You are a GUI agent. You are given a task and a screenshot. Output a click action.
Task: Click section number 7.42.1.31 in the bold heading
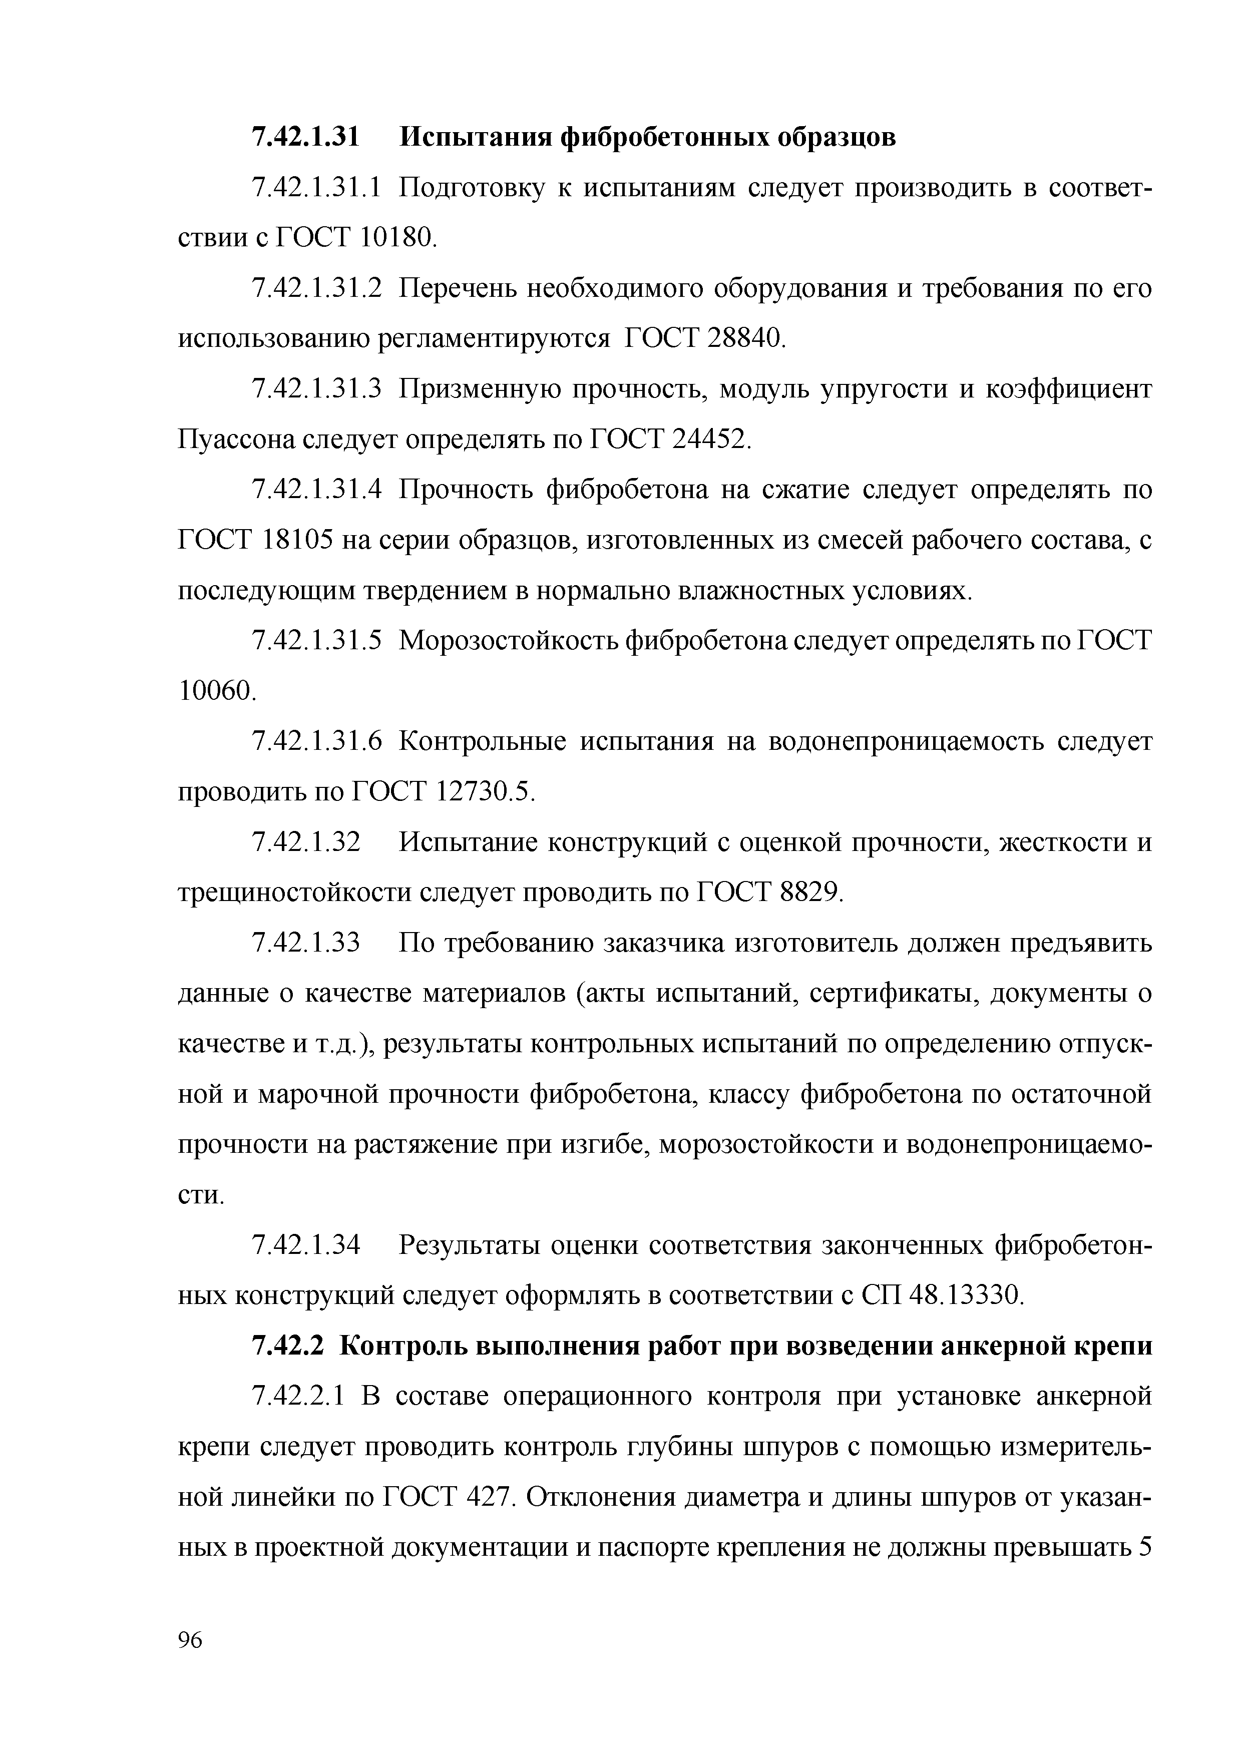305,138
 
